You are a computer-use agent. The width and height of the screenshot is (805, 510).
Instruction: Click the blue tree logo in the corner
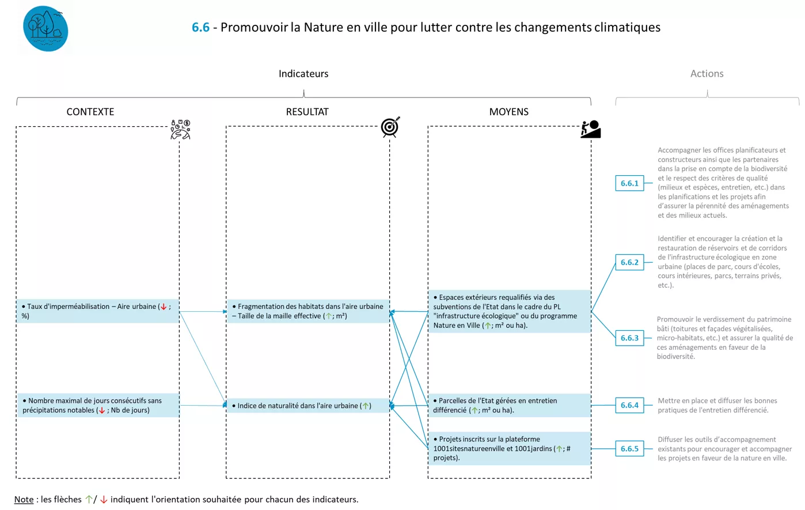tap(45, 29)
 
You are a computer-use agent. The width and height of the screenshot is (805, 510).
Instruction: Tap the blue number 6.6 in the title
tap(200, 27)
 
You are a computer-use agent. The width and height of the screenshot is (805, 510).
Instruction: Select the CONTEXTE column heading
tap(90, 112)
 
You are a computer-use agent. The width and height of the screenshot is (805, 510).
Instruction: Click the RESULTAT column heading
tap(307, 112)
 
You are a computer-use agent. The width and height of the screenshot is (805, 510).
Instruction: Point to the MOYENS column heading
tap(508, 112)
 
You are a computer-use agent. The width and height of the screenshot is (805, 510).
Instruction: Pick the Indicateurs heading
tap(303, 74)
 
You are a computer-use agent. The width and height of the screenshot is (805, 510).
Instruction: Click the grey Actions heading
tap(707, 74)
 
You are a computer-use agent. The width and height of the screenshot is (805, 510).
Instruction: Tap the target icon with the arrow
tap(390, 127)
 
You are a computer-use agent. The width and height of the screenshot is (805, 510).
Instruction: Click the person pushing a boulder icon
tap(590, 129)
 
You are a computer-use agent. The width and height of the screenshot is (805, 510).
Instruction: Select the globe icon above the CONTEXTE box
tap(180, 130)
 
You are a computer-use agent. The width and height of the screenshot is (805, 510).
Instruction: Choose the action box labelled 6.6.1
tap(629, 183)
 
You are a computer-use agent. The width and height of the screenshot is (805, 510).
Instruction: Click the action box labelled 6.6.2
tap(629, 262)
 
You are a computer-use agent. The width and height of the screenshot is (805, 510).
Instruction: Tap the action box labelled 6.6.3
tap(629, 338)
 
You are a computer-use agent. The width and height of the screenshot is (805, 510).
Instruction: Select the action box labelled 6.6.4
tap(629, 405)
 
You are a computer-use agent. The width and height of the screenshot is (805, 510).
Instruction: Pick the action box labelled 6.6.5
tap(629, 448)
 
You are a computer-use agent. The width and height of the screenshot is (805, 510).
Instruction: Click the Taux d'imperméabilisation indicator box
tap(97, 311)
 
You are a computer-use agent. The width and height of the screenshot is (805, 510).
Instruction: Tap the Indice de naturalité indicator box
tap(307, 406)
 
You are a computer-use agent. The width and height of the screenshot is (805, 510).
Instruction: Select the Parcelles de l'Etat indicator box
tap(509, 405)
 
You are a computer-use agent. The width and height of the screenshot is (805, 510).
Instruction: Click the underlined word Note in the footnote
tap(24, 500)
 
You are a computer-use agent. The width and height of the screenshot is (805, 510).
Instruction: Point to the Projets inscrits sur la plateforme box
tap(509, 448)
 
